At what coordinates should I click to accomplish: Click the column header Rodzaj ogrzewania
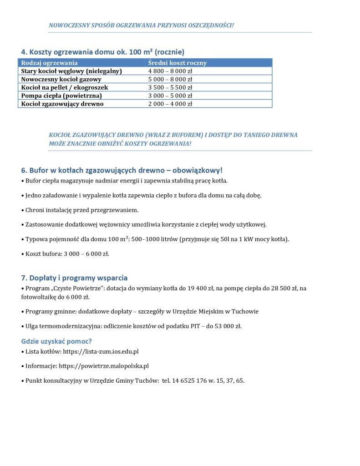click(x=50, y=63)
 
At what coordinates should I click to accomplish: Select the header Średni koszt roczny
click(x=177, y=63)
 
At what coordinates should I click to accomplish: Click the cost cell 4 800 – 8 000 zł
click(x=171, y=71)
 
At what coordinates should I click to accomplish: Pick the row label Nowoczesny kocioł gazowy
click(x=61, y=79)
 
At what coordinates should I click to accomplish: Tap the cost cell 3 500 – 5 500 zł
click(x=171, y=87)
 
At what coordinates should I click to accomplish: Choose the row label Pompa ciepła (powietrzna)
click(x=61, y=96)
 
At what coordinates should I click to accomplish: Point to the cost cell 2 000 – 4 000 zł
click(x=171, y=104)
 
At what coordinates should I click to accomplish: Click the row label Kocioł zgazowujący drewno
click(x=62, y=104)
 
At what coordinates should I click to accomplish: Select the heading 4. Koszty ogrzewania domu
click(x=102, y=52)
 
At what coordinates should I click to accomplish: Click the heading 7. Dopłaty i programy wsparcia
click(x=74, y=278)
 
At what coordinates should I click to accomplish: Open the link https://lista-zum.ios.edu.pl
click(x=101, y=351)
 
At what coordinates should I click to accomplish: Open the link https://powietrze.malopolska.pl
click(x=104, y=366)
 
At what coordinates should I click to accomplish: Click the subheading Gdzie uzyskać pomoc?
click(x=56, y=341)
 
